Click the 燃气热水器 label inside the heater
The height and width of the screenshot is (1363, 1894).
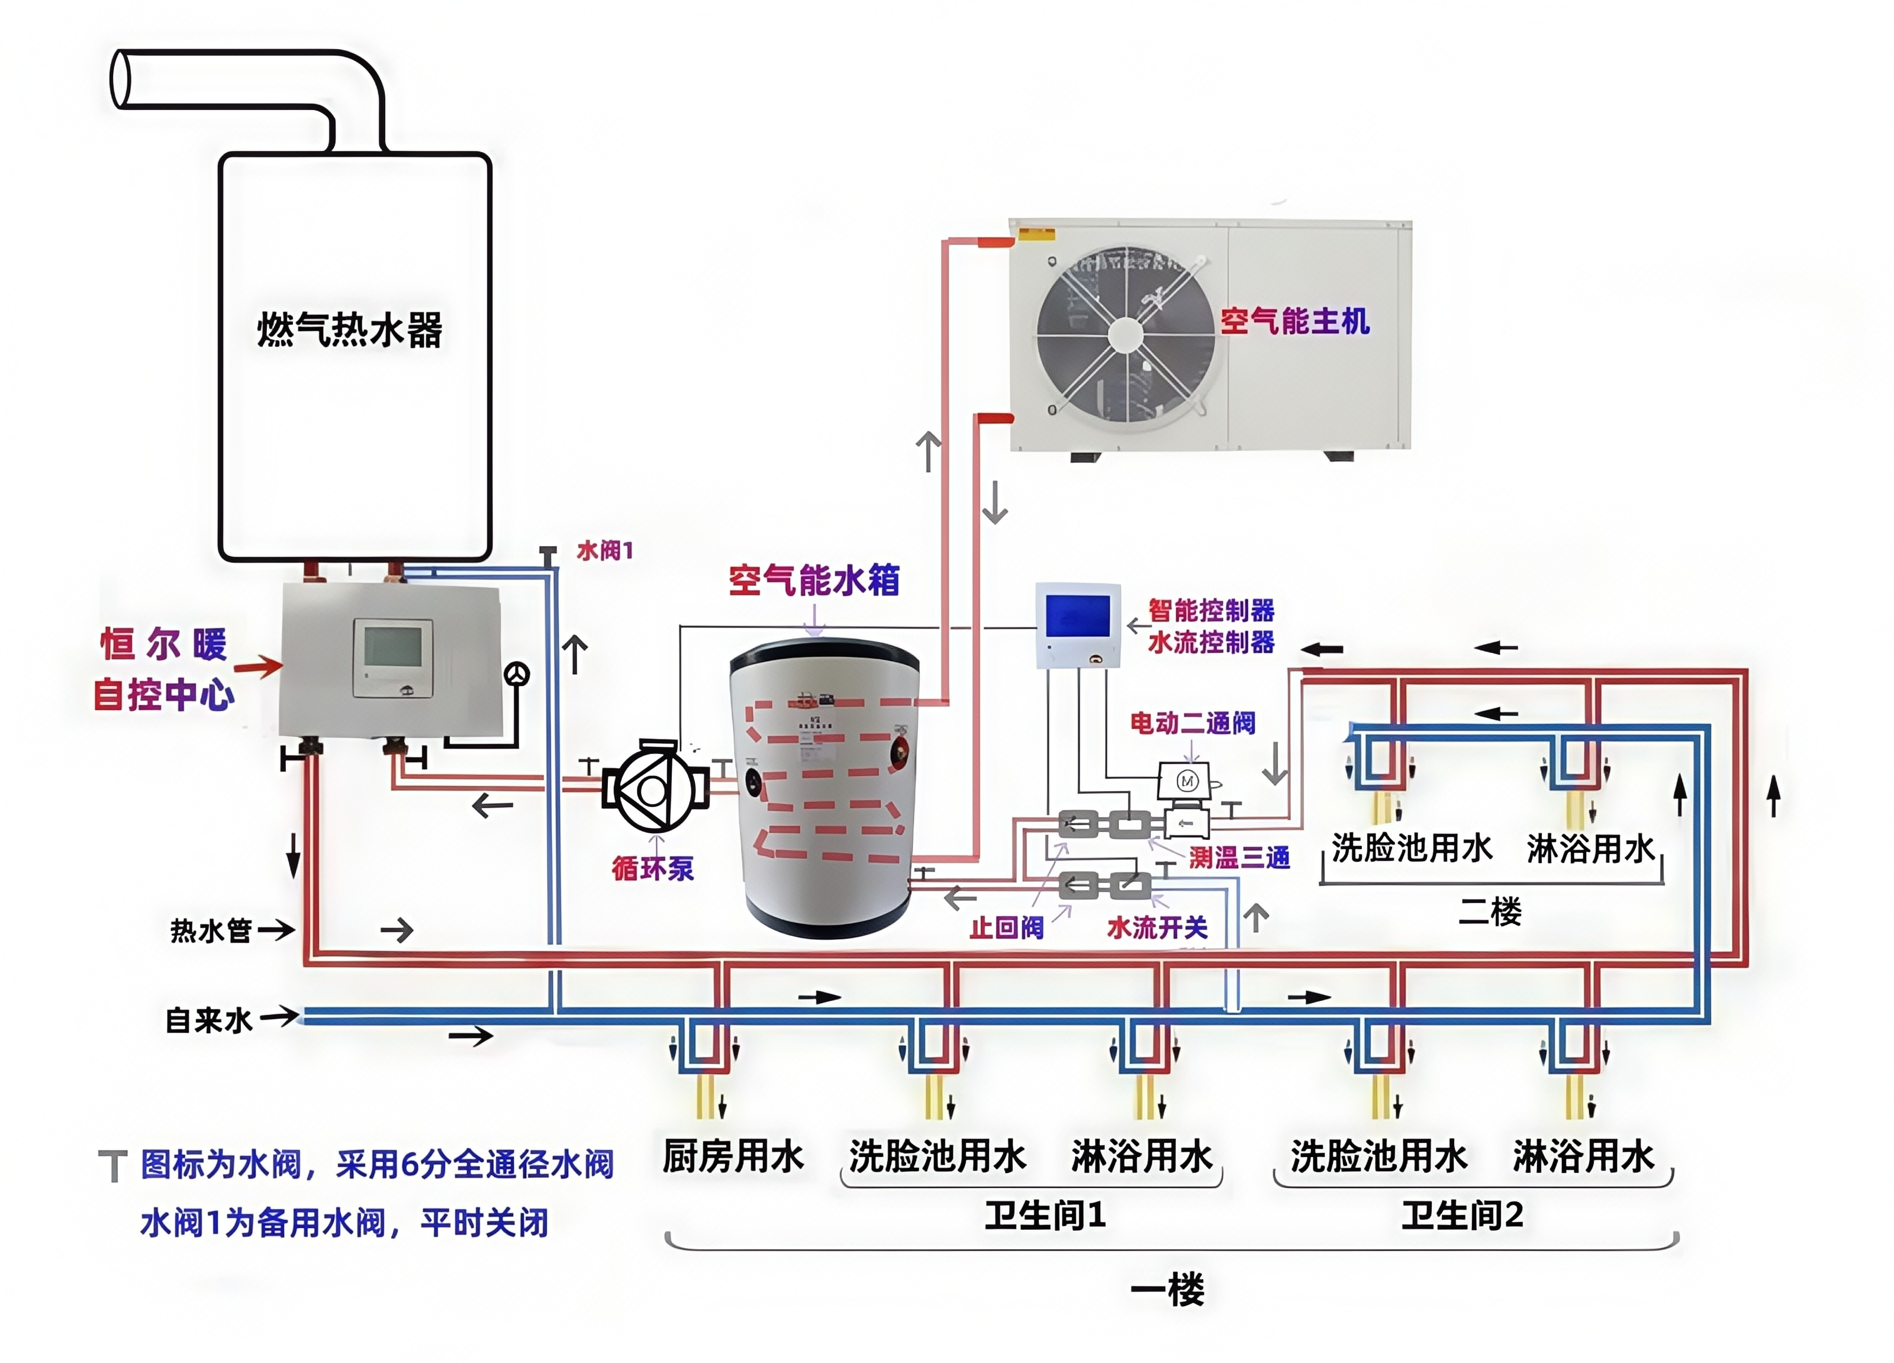349,329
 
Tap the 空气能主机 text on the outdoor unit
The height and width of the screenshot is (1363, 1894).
1294,321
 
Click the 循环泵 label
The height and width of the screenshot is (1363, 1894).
652,869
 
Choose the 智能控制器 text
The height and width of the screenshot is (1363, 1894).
1211,611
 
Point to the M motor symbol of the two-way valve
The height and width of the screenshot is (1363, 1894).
1187,781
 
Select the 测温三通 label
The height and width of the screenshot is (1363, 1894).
1239,857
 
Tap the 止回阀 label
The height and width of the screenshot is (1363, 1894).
1006,927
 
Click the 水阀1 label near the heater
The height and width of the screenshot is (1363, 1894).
605,550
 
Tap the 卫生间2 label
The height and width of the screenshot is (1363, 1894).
1461,1215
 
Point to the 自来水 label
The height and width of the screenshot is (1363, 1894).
209,1020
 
